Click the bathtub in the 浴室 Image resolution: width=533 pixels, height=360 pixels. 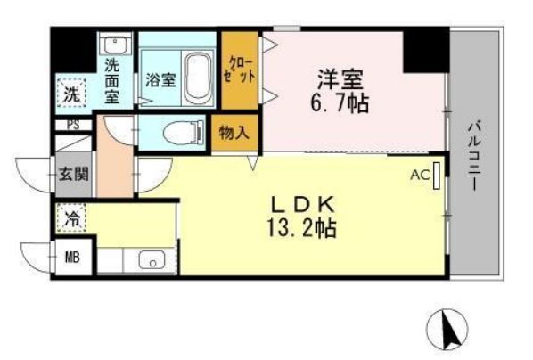[x=199, y=79]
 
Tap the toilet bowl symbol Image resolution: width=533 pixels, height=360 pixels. [x=184, y=132]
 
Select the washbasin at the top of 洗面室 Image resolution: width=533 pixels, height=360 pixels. [x=115, y=45]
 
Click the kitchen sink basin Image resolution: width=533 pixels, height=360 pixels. [x=152, y=260]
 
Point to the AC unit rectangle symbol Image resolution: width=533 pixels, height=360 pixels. [x=437, y=176]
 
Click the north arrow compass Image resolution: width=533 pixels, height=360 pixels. [x=447, y=330]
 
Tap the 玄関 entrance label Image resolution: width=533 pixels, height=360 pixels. [x=74, y=175]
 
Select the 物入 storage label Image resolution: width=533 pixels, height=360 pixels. [x=234, y=133]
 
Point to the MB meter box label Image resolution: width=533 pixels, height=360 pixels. [x=72, y=258]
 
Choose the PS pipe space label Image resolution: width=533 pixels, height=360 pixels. [x=73, y=125]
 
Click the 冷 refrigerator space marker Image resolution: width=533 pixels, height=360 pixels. [x=71, y=218]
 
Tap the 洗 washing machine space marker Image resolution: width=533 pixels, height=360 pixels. [x=71, y=94]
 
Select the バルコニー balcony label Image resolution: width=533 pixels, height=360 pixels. [x=474, y=156]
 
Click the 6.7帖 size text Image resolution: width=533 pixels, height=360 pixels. [x=340, y=103]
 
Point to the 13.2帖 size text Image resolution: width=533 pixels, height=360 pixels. [x=302, y=228]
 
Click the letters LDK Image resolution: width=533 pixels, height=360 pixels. [x=302, y=204]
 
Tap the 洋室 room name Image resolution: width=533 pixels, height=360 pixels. [x=340, y=79]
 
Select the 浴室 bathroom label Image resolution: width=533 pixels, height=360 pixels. [x=160, y=80]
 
